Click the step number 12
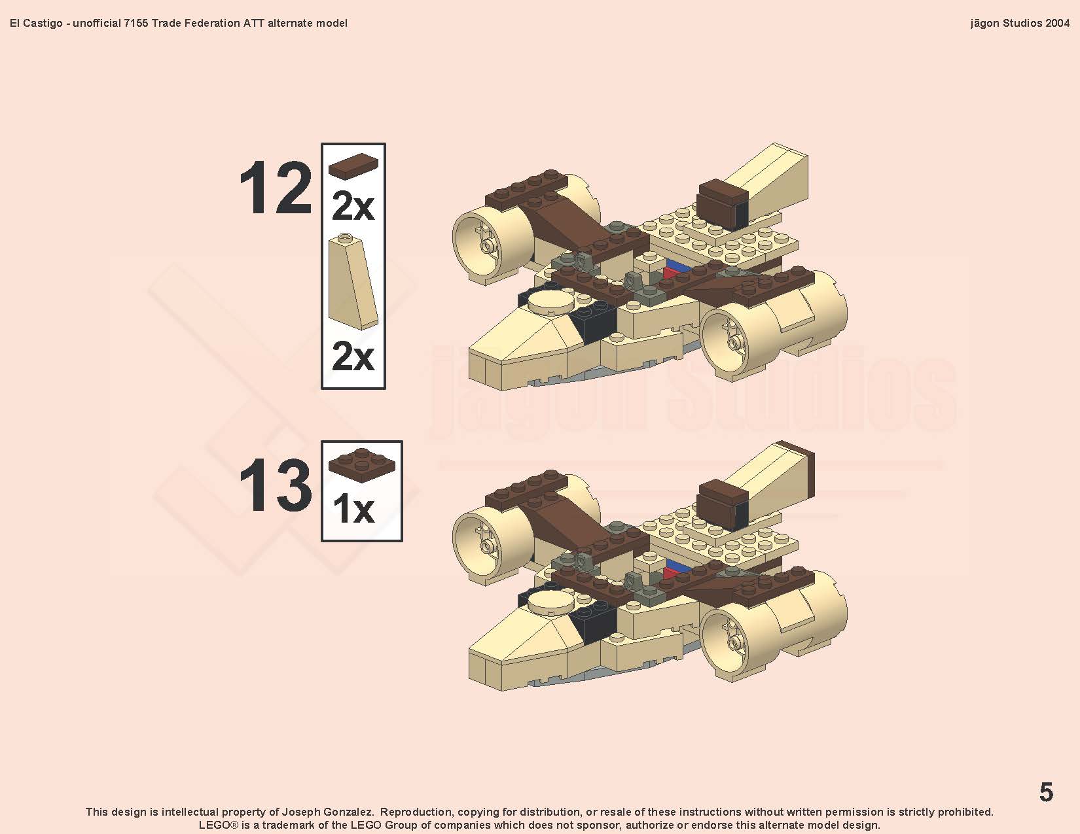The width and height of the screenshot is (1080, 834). (x=276, y=188)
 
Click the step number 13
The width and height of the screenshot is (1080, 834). (x=276, y=485)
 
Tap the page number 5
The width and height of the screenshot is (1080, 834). (x=1046, y=791)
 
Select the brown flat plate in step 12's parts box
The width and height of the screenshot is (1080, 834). (x=353, y=165)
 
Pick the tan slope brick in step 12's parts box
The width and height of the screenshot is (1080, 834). (x=353, y=281)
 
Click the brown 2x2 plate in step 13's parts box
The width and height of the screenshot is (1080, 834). (x=361, y=466)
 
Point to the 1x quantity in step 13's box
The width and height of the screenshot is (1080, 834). (x=353, y=509)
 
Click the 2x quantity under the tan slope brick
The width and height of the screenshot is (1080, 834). (x=353, y=356)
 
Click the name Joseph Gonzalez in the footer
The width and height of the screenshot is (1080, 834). (x=327, y=812)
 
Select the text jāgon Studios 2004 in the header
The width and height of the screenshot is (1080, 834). (x=1020, y=23)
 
